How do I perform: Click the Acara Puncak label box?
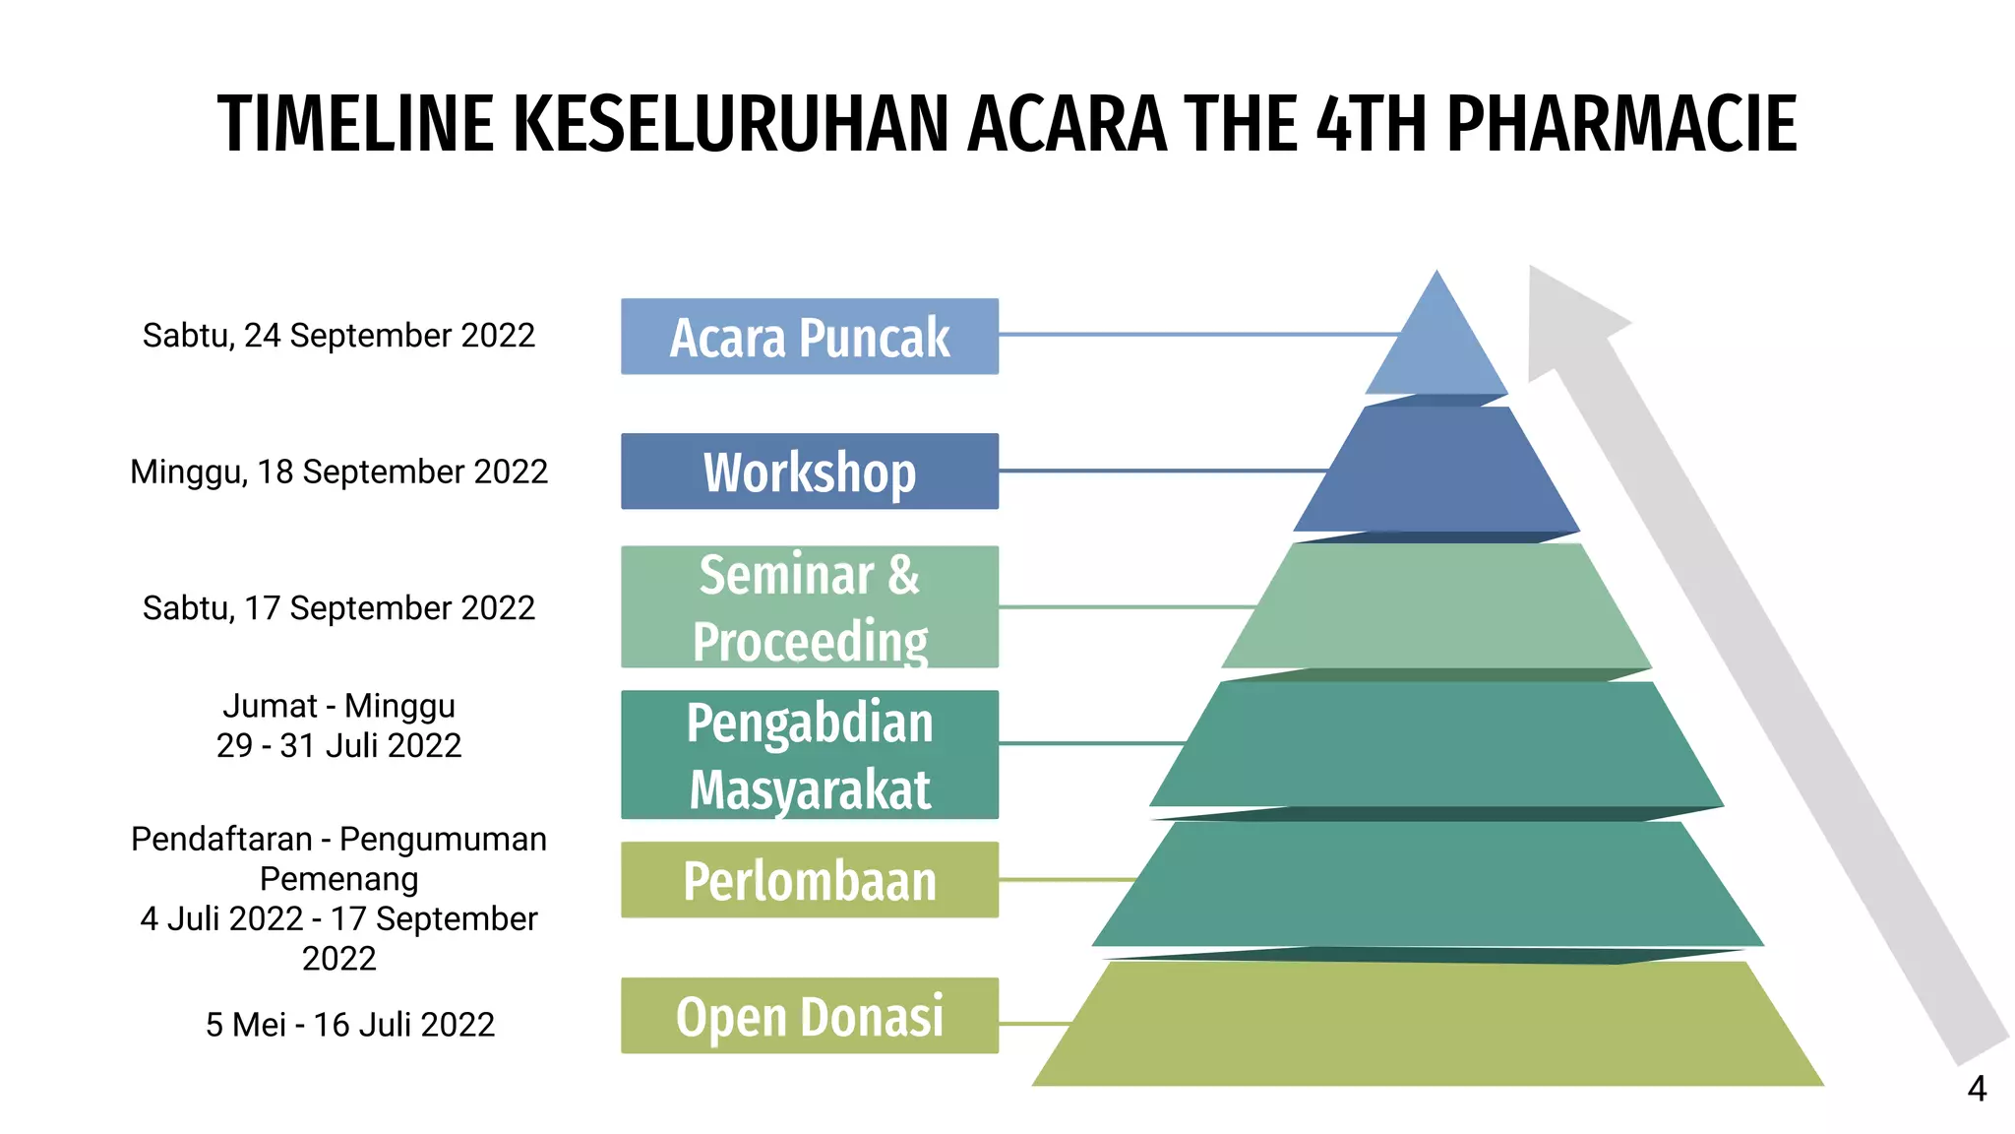point(809,337)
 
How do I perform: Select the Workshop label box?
point(809,472)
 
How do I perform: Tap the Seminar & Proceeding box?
point(809,606)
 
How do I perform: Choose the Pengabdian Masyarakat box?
point(809,754)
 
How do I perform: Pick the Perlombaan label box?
point(809,880)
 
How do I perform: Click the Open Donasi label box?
point(809,1016)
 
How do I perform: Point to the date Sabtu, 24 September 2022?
point(338,336)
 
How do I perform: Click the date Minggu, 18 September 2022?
point(338,472)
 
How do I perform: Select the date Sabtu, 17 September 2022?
point(338,608)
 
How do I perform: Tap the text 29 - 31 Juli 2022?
point(338,746)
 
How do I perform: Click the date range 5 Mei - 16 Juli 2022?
point(349,1025)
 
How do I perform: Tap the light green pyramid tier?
point(1436,606)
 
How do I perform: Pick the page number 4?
point(1977,1090)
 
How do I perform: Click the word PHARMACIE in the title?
point(1620,125)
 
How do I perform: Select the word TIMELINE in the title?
point(355,125)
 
